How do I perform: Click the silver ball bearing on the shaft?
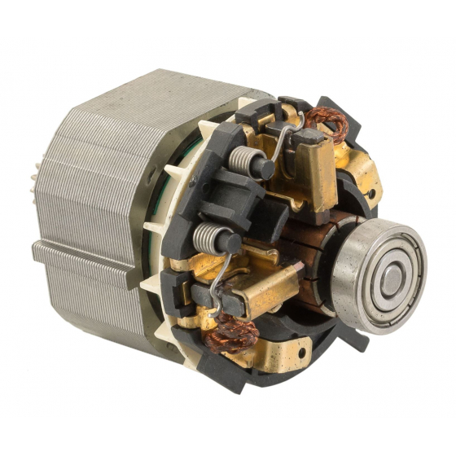tap(382, 276)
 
